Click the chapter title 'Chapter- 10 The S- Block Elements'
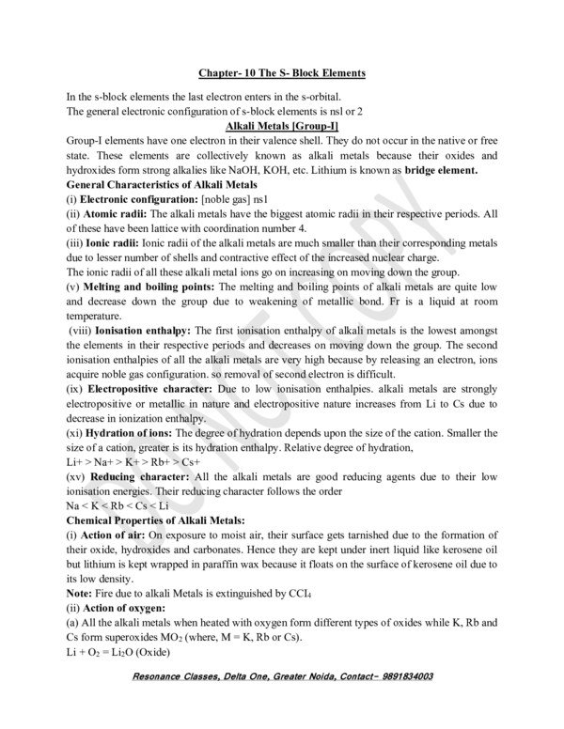click(281, 72)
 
